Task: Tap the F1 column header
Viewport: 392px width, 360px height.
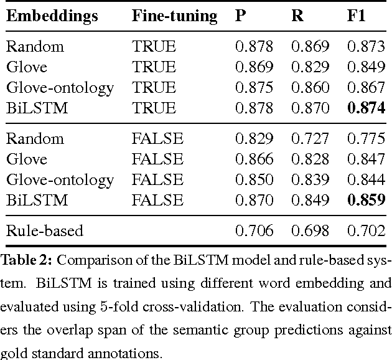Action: click(x=355, y=15)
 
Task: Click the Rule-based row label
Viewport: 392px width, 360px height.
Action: click(x=44, y=231)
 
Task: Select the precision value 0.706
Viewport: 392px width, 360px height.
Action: click(x=254, y=231)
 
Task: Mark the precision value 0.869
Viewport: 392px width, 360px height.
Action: click(x=254, y=67)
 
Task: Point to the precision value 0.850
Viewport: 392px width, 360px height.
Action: click(x=254, y=179)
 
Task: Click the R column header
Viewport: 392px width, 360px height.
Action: click(x=297, y=15)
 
